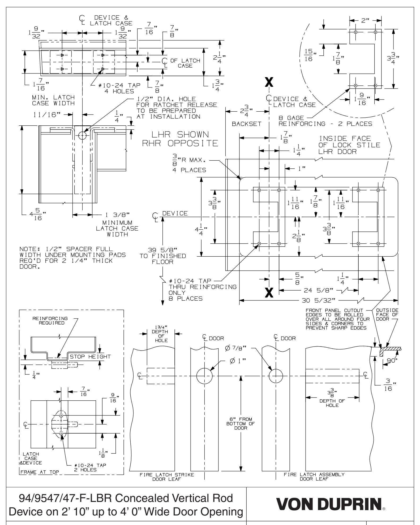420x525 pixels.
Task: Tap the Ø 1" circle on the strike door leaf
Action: coord(204,376)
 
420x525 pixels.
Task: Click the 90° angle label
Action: coord(393,361)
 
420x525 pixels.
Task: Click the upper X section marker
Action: coord(269,83)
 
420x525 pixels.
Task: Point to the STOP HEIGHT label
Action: coord(90,357)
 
